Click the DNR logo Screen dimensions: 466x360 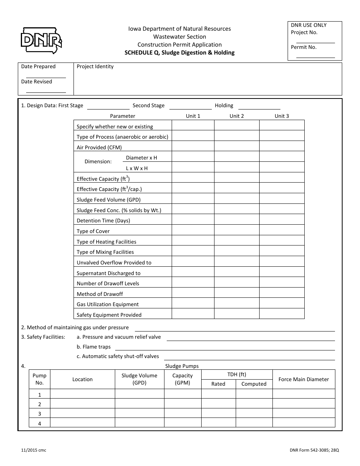(x=41, y=40)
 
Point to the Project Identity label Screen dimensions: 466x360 (x=95, y=67)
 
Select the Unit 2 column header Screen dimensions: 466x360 (x=236, y=116)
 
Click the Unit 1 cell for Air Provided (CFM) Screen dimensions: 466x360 (x=193, y=146)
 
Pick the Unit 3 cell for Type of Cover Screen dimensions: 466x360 (x=282, y=230)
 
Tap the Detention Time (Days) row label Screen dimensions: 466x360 (x=103, y=220)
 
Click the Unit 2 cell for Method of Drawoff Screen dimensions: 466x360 (x=236, y=293)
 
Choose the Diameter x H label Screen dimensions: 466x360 (x=141, y=158)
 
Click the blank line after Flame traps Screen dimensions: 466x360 (x=225, y=349)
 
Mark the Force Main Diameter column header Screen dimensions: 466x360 (x=304, y=379)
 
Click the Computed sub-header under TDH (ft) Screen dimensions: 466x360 (x=254, y=384)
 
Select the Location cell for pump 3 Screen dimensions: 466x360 (x=82, y=413)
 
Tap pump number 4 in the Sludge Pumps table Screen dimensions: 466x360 (x=39, y=424)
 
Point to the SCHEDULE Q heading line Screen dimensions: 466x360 (x=180, y=53)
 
